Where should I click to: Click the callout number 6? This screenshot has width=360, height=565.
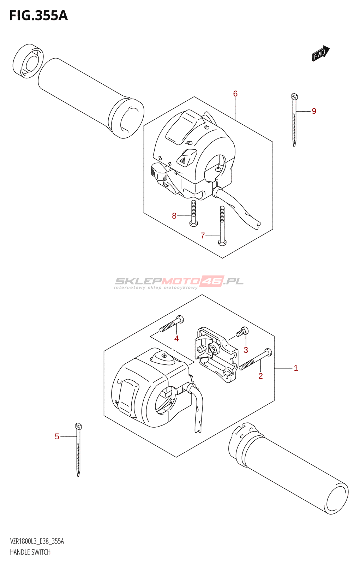235,94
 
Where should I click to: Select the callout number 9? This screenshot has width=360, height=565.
314,111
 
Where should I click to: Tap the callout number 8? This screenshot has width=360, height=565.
174,216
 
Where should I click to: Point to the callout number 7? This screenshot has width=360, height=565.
203,236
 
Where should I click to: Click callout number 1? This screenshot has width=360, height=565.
296,368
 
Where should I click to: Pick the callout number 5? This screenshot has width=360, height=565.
57,436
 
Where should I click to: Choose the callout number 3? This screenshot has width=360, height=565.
246,350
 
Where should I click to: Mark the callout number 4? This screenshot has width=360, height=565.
176,339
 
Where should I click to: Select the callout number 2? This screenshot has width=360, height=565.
260,376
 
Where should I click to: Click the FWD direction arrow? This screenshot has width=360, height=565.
320,53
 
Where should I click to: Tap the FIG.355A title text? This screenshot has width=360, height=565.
38,16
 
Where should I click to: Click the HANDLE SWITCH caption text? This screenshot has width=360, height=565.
30,552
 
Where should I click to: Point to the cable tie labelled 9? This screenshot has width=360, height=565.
294,120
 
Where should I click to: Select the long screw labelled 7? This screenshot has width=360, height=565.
222,226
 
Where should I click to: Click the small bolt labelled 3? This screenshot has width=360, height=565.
242,332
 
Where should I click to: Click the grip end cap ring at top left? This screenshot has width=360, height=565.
28,61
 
